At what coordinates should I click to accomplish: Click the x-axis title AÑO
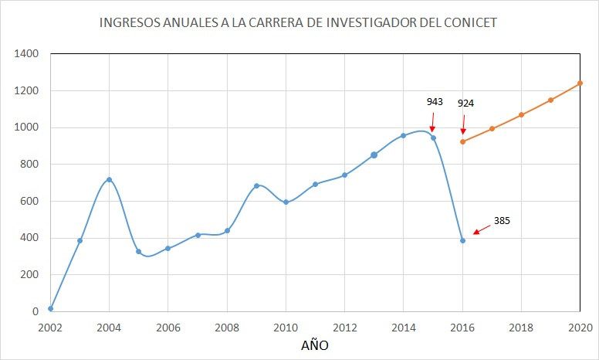[x=314, y=345]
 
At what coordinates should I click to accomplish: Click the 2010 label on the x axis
[x=286, y=327]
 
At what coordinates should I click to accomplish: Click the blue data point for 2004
[x=109, y=179]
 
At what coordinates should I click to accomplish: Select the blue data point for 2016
[x=462, y=240]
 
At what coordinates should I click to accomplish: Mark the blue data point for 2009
[x=256, y=185]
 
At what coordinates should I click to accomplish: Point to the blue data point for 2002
[x=51, y=308]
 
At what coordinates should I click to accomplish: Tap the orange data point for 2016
[x=462, y=141]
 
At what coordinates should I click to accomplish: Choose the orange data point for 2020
[x=580, y=83]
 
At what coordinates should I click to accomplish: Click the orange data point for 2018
[x=521, y=115]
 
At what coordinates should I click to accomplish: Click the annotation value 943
[x=435, y=101]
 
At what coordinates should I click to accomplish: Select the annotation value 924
[x=465, y=103]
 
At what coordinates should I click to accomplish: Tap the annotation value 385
[x=502, y=220]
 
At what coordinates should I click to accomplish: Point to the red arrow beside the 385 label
[x=481, y=229]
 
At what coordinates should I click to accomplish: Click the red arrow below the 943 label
[x=431, y=123]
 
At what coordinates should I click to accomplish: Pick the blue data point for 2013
[x=374, y=155]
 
